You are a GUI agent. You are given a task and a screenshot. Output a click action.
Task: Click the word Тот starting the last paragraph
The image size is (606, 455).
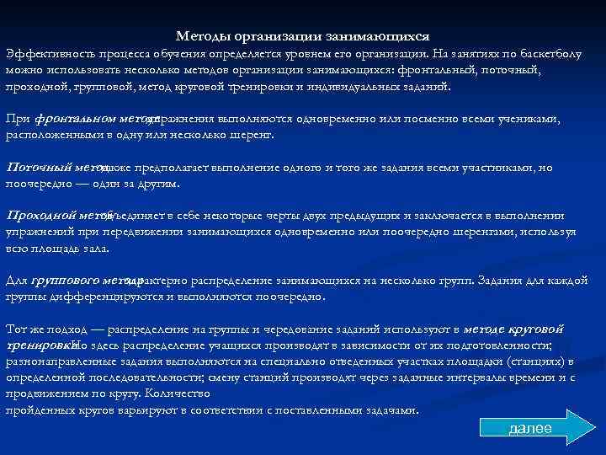[16, 329]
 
